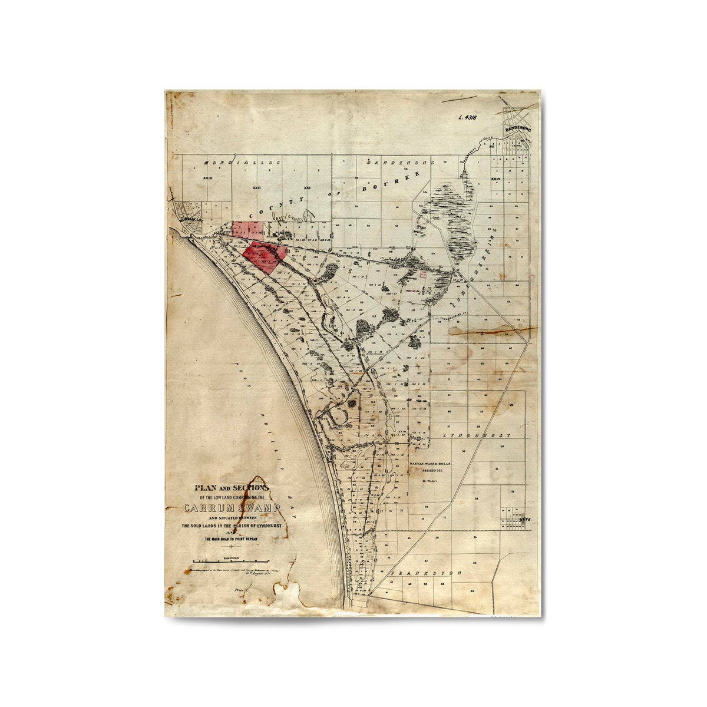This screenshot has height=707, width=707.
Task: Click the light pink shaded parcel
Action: [x=247, y=229]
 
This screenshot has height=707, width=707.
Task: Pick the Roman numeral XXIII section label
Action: [x=207, y=177]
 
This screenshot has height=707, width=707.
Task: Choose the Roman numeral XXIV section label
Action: [x=495, y=177]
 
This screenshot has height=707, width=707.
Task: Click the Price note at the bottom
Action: [x=239, y=589]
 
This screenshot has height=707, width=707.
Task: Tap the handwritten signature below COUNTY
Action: [x=295, y=221]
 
